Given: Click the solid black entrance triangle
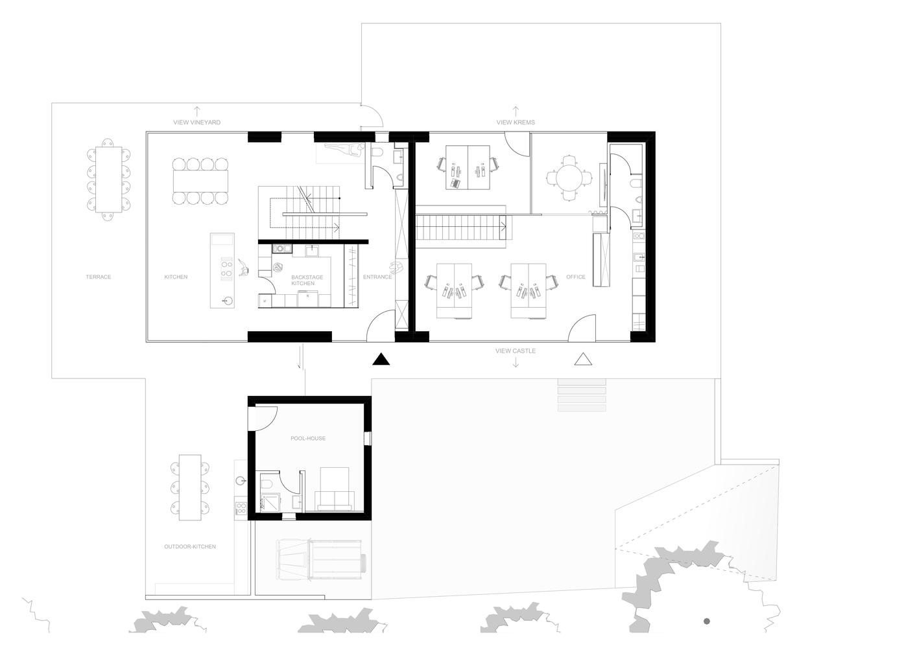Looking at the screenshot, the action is click(x=381, y=360).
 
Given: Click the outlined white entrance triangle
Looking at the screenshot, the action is click(x=583, y=360).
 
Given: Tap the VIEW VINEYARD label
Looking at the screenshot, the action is click(x=197, y=122).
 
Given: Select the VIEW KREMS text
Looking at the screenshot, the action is click(x=516, y=122).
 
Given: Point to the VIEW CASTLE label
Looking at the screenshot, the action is click(x=516, y=351).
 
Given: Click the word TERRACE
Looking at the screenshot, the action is click(x=99, y=277).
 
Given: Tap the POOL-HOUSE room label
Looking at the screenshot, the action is click(x=308, y=439).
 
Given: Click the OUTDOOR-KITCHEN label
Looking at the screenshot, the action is click(x=190, y=546).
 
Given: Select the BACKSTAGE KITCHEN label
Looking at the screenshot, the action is click(x=307, y=280).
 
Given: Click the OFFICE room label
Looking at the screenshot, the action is click(x=576, y=277).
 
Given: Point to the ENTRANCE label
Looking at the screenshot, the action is click(x=377, y=277).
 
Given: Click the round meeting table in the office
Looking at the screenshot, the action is click(x=569, y=178).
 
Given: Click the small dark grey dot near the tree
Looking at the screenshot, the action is click(x=707, y=621).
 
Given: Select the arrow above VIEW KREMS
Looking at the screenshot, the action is click(x=516, y=111).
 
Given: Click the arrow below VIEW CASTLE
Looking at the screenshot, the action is click(x=516, y=362).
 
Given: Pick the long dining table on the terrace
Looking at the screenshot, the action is click(x=108, y=179).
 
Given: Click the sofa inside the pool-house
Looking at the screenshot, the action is click(x=335, y=500).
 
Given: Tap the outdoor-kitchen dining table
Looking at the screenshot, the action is click(x=190, y=488).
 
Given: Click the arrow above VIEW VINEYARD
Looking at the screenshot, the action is click(x=197, y=111).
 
